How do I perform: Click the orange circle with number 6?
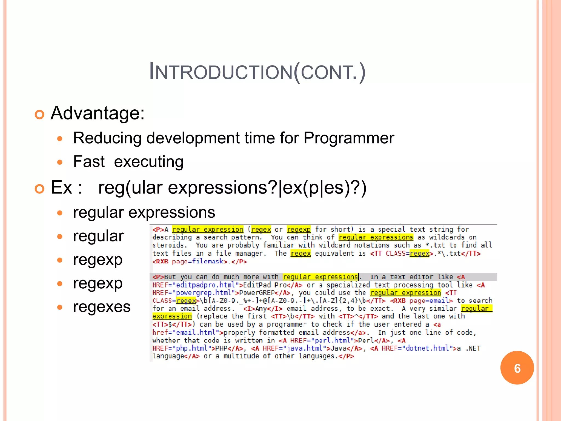(x=517, y=368)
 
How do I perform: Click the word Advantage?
(x=97, y=113)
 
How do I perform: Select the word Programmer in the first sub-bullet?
(x=348, y=138)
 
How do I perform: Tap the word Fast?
(x=89, y=161)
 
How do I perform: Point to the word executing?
(x=149, y=162)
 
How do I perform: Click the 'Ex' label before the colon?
(x=61, y=187)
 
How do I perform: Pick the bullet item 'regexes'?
(x=102, y=306)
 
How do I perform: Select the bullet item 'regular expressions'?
(x=144, y=212)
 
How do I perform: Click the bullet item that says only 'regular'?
(x=98, y=236)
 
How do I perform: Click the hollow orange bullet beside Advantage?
(x=40, y=115)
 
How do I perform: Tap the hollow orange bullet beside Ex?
(x=40, y=189)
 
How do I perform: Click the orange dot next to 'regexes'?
(x=60, y=307)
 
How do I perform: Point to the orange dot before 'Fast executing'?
(x=60, y=162)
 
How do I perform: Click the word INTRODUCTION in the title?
(x=221, y=72)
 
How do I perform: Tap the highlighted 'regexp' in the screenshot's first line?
(x=299, y=229)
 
